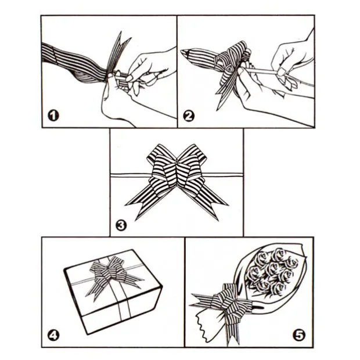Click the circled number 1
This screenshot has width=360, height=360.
pyautogui.click(x=53, y=116)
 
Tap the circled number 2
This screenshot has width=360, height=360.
pyautogui.click(x=189, y=116)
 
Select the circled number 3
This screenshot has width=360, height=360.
pyautogui.click(x=121, y=225)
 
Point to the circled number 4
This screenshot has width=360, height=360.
pyautogui.click(x=53, y=336)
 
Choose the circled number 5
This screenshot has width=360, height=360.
pyautogui.click(x=299, y=336)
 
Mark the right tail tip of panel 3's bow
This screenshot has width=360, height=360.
pyautogui.click(x=217, y=220)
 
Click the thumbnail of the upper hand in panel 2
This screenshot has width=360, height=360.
pyautogui.click(x=281, y=73)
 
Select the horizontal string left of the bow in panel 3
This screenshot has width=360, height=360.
pyautogui.click(x=130, y=175)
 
